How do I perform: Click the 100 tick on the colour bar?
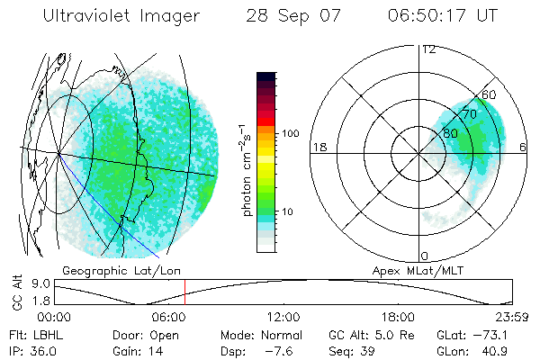(x=289, y=133)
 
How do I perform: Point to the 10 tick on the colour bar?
(x=288, y=212)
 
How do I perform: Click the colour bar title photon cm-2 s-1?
(x=247, y=171)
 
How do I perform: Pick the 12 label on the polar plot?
(x=428, y=49)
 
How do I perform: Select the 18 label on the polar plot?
(x=318, y=147)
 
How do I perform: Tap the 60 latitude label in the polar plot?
(x=490, y=94)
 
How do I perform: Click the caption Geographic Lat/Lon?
(x=105, y=270)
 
